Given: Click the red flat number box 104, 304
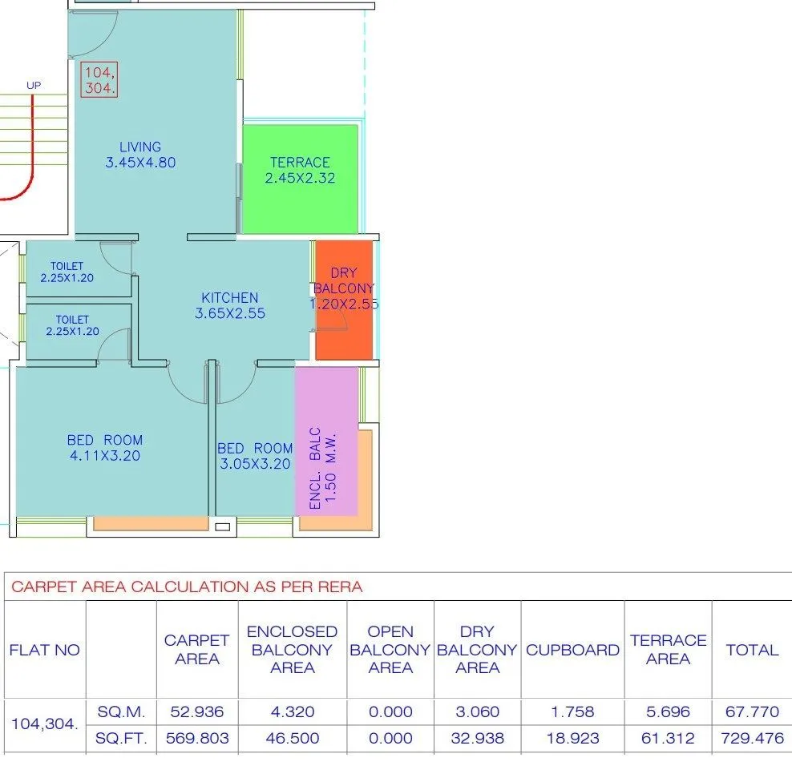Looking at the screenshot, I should [x=99, y=79].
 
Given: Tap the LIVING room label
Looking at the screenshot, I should [x=140, y=147].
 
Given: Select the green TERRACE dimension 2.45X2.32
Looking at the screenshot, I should [x=300, y=179].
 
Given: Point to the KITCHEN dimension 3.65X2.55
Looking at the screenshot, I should [x=230, y=314].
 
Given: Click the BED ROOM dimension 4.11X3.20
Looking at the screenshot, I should [x=105, y=456].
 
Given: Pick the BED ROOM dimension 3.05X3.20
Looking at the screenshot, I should [x=255, y=464].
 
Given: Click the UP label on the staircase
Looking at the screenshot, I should [x=34, y=86].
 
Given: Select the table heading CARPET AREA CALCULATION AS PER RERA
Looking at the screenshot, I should [x=187, y=587].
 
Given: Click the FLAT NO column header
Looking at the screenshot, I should [x=45, y=650].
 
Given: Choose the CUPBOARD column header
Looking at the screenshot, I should [x=572, y=650].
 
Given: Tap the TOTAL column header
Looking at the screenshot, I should [x=752, y=650].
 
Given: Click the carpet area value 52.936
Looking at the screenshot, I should [x=197, y=711].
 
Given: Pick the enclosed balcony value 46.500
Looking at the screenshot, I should [x=293, y=738].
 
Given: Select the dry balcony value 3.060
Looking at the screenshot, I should [x=477, y=711].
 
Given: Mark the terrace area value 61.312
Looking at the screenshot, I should [x=668, y=738].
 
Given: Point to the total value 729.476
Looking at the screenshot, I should [x=752, y=738].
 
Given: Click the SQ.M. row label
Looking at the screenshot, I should [x=121, y=711].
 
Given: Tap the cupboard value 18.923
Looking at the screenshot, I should [x=572, y=738].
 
